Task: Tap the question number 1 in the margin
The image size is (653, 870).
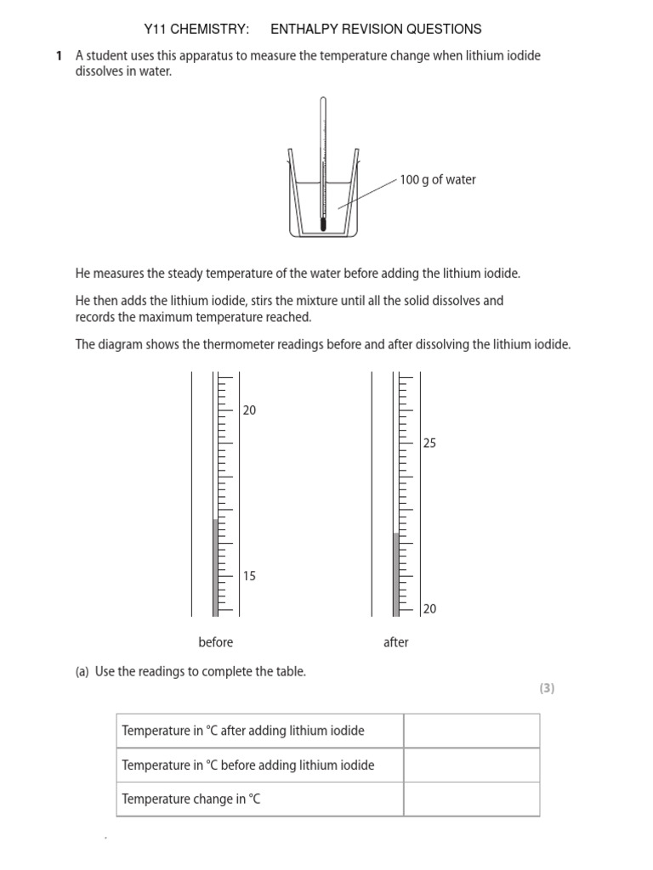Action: (59, 56)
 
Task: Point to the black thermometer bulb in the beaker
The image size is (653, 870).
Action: (323, 224)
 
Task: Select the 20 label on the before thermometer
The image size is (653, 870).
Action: (249, 410)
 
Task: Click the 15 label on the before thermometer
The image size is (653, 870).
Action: (249, 576)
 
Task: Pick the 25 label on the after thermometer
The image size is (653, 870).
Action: (429, 443)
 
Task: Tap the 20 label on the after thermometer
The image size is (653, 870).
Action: (429, 609)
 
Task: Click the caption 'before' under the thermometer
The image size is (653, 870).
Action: (215, 642)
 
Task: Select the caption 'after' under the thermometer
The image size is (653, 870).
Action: (395, 642)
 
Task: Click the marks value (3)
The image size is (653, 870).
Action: (546, 689)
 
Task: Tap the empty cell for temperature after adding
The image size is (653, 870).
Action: (471, 731)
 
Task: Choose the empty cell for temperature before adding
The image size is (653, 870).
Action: (471, 765)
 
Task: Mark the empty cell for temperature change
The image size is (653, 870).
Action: (471, 799)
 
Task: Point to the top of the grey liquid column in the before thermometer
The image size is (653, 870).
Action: (215, 520)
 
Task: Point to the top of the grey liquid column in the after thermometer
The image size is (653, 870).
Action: (395, 534)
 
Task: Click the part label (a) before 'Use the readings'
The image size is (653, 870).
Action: (82, 671)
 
